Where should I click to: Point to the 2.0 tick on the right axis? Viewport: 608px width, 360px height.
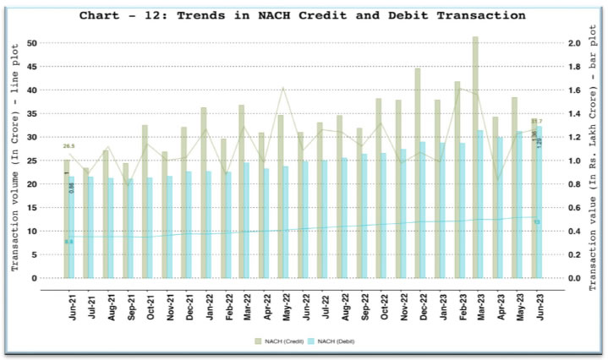[x=574, y=42]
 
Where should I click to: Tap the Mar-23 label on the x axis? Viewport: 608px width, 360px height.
[x=479, y=303]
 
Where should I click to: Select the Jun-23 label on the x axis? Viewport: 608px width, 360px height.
[x=537, y=303]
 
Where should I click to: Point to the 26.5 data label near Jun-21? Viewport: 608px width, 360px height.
[x=69, y=146]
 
